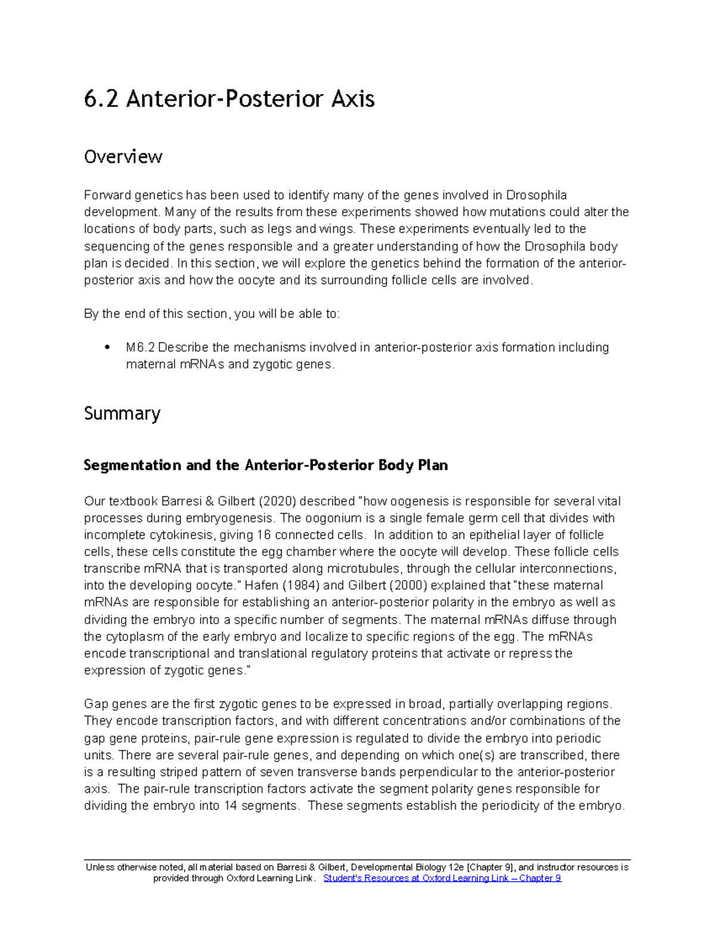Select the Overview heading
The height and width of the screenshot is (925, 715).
(x=123, y=157)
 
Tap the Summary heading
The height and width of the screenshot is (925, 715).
(x=122, y=413)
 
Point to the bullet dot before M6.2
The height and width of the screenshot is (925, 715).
(x=107, y=347)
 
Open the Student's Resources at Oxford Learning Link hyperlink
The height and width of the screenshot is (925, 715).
(x=442, y=879)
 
